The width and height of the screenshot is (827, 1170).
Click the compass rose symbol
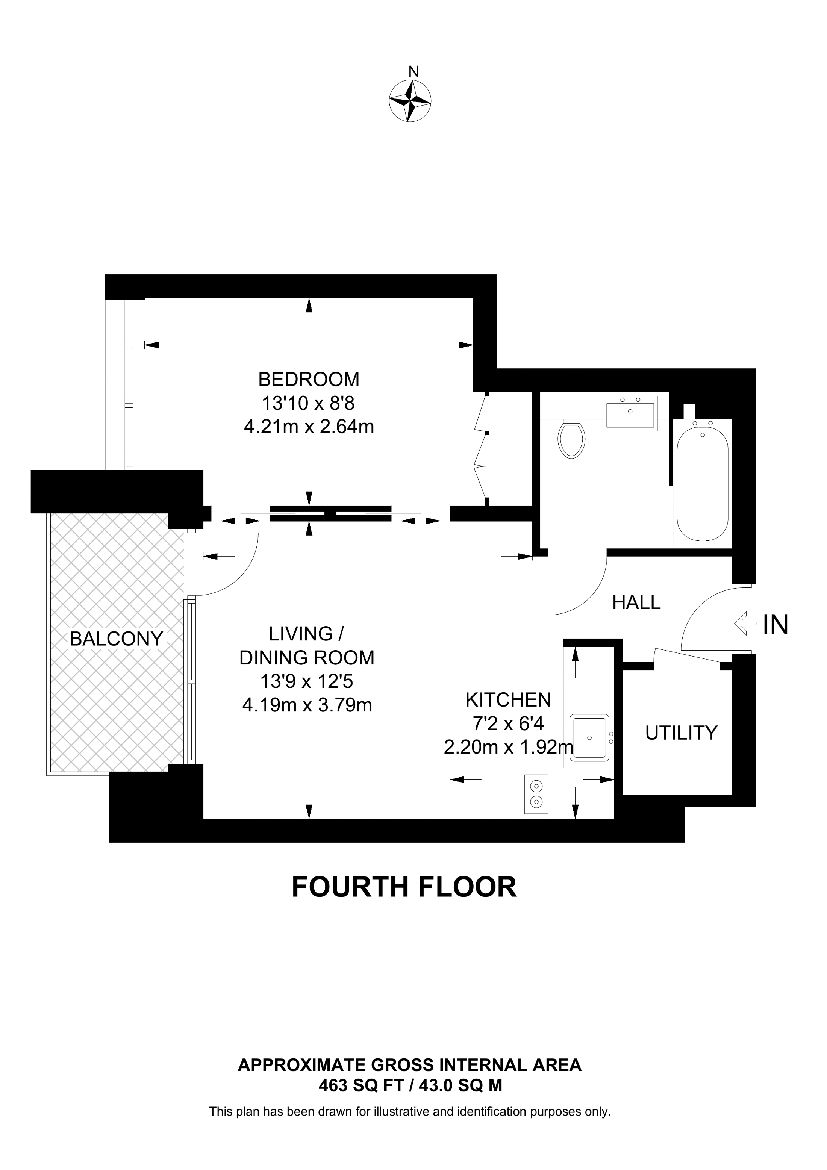click(x=410, y=100)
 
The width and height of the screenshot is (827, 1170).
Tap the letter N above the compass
click(x=413, y=72)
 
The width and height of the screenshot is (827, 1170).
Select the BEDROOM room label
click(x=308, y=380)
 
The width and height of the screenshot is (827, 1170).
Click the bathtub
click(x=702, y=483)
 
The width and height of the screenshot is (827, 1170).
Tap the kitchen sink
click(x=589, y=737)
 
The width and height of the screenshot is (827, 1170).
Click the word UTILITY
click(x=681, y=733)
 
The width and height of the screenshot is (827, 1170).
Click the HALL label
click(x=636, y=603)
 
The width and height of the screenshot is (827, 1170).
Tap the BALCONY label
click(x=116, y=639)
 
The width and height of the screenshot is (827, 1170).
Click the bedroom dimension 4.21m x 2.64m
click(x=309, y=427)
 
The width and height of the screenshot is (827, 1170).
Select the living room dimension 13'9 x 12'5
click(x=307, y=681)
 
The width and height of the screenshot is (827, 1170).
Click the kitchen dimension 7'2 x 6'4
click(x=508, y=723)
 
